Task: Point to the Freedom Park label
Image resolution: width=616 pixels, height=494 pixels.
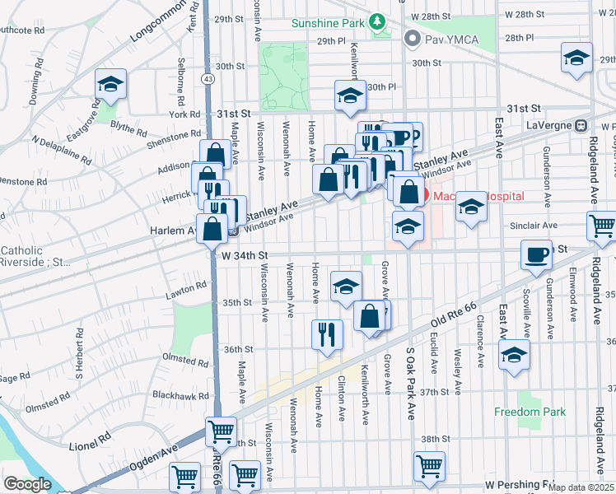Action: coord(530,412)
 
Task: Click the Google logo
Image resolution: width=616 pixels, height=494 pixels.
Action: coord(26,484)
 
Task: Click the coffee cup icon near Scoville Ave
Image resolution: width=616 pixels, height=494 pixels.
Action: coord(537,254)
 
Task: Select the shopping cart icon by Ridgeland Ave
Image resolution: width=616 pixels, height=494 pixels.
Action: coord(603,224)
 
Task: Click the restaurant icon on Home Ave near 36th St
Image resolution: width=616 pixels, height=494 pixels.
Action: coord(327,333)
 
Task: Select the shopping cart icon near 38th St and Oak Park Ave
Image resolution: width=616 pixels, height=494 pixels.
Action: coord(429,465)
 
